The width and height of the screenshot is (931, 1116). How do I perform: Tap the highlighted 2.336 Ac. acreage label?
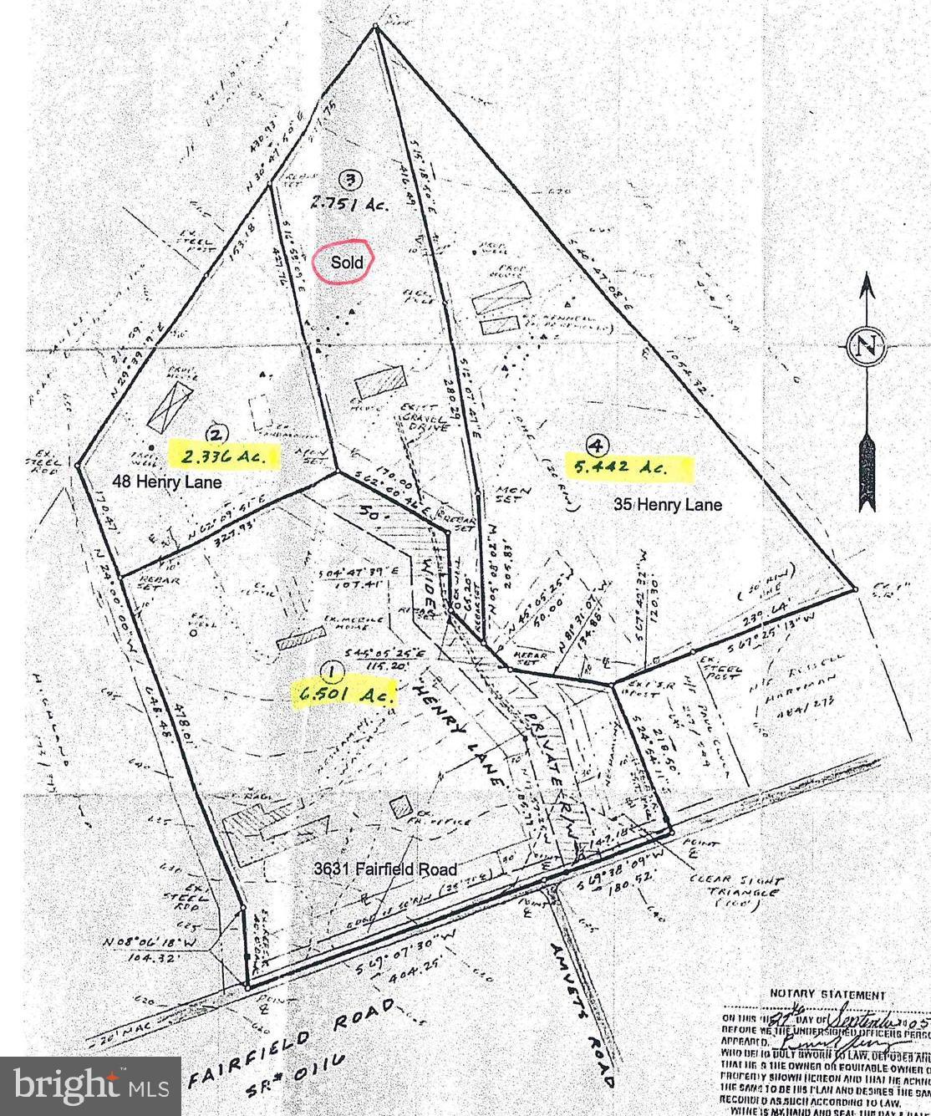[x=223, y=456]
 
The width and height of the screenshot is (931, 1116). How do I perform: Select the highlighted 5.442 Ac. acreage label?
[x=631, y=467]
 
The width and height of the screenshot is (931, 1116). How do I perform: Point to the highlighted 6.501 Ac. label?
[x=343, y=693]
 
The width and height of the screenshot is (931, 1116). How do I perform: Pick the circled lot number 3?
[x=351, y=178]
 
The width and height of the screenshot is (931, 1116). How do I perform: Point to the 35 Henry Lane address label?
[x=668, y=505]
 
